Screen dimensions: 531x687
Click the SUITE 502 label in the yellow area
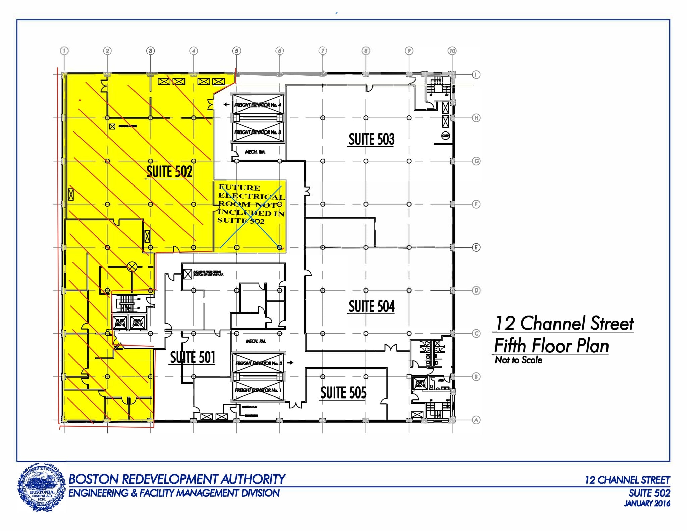click(169, 172)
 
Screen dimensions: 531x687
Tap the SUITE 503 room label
click(371, 139)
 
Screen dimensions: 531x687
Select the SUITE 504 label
click(371, 306)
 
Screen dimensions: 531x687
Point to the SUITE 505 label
click(343, 393)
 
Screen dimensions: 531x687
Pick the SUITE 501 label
click(193, 357)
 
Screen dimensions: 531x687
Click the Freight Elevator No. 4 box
click(258, 105)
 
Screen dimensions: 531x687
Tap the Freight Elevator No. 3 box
click(258, 132)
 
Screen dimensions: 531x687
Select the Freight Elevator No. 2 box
click(258, 363)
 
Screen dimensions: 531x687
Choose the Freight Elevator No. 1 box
click(258, 390)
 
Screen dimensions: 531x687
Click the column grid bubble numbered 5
click(236, 51)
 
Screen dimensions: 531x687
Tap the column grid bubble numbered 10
click(452, 51)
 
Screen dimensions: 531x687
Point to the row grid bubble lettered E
click(476, 247)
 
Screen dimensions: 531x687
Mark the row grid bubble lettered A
click(476, 420)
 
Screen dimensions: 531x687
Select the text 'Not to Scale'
click(519, 360)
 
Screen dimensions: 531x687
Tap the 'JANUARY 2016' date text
click(647, 503)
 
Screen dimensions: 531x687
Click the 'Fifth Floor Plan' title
click(551, 346)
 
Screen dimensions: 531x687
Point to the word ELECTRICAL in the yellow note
click(252, 196)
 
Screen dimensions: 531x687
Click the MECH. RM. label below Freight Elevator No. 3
click(255, 152)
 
